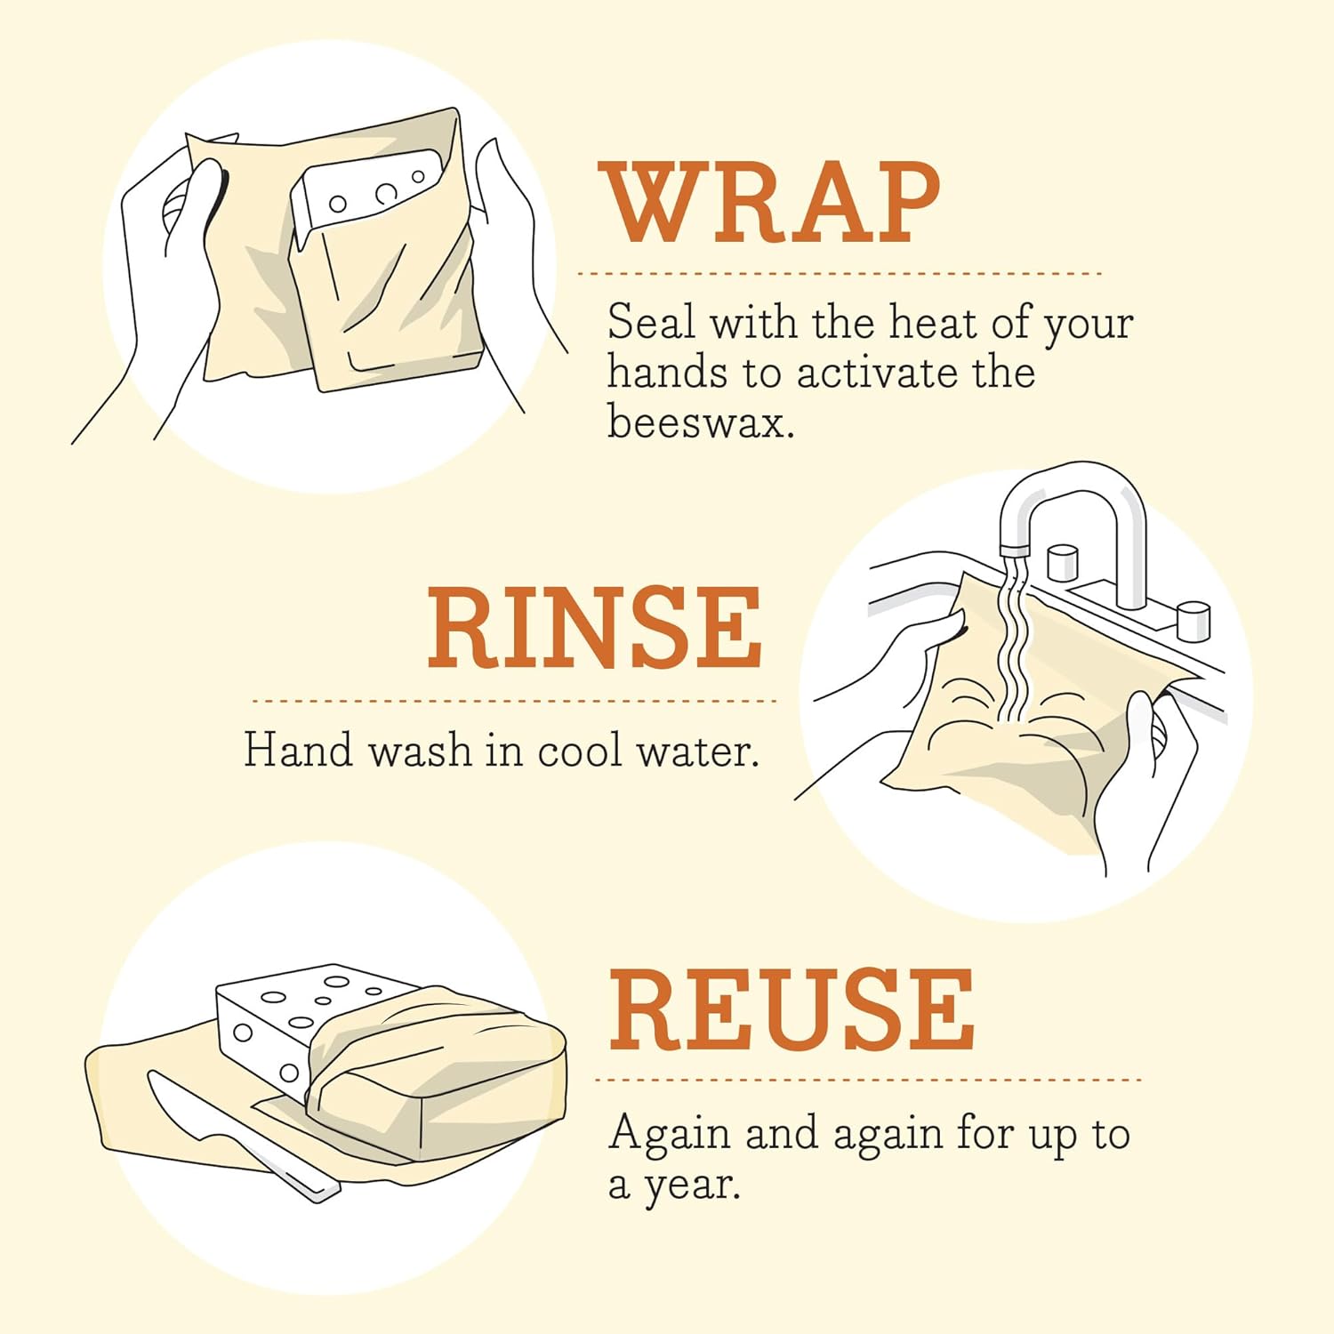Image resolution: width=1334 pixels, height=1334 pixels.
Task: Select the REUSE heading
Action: click(x=792, y=1010)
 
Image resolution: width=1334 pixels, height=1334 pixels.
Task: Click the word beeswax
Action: click(x=700, y=421)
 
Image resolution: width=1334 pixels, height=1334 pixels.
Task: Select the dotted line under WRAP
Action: click(x=840, y=274)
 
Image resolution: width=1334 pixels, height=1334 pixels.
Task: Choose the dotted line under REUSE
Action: click(x=867, y=1081)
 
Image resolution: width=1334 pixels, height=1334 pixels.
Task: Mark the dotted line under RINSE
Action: click(x=514, y=701)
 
